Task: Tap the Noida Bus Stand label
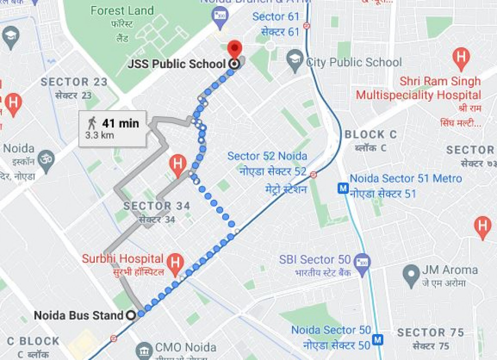click(x=79, y=315)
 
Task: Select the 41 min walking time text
click(x=121, y=123)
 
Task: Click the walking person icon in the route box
click(x=92, y=123)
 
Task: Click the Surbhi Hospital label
click(x=123, y=259)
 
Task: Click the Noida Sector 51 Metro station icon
click(x=342, y=189)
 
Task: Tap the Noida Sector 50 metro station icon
click(x=379, y=340)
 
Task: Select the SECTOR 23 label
click(x=74, y=82)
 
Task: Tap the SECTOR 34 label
click(x=157, y=206)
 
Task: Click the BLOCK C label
click(x=371, y=135)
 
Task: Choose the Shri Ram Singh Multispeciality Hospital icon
click(x=462, y=58)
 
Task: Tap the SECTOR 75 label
click(x=430, y=333)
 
